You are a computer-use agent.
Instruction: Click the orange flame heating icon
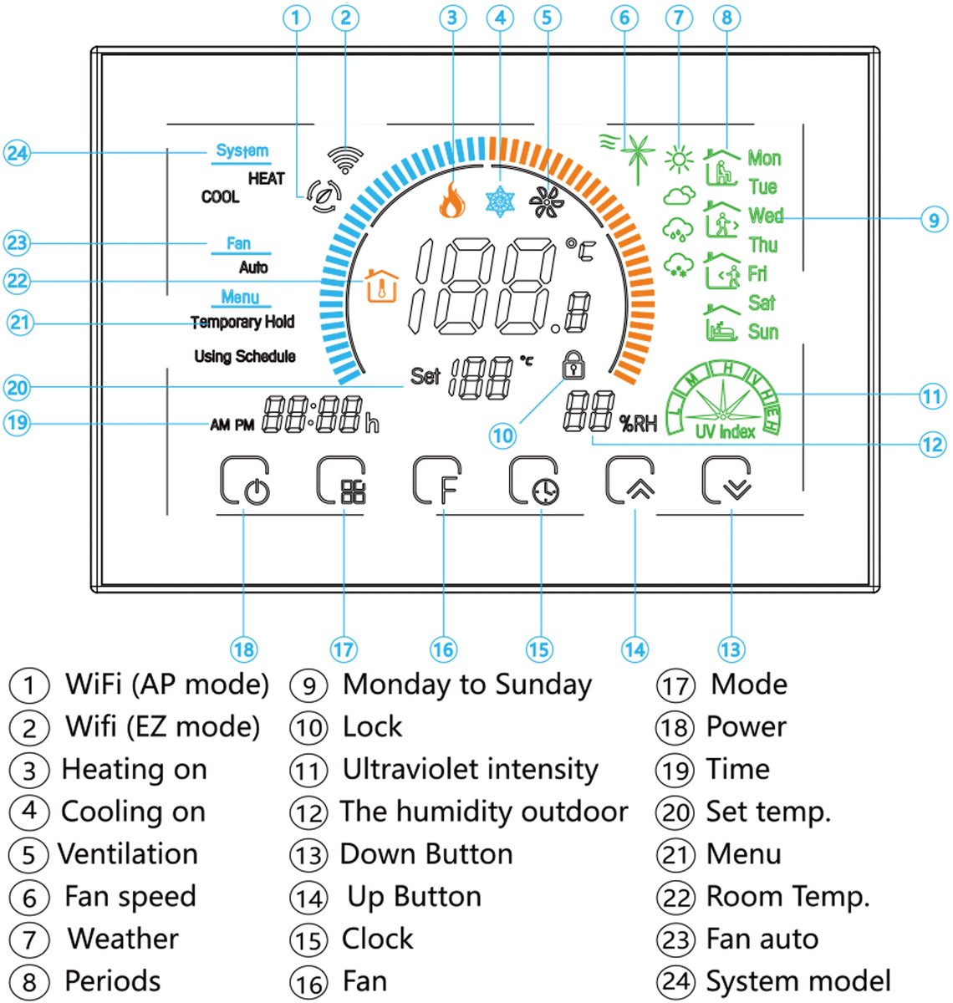click(x=451, y=200)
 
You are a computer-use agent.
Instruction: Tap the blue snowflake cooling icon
click(x=500, y=201)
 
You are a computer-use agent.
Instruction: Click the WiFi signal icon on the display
click(x=345, y=159)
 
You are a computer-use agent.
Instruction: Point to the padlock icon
click(x=573, y=364)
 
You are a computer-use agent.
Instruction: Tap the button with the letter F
click(x=437, y=481)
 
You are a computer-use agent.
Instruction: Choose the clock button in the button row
click(x=534, y=481)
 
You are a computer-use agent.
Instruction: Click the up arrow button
click(x=629, y=481)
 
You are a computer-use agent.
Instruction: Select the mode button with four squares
click(x=341, y=481)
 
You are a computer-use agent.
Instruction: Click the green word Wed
click(x=765, y=216)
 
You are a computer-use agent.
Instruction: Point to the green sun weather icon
click(x=679, y=159)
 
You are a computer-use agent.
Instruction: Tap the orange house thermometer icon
click(x=381, y=285)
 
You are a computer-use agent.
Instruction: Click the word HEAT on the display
click(x=266, y=179)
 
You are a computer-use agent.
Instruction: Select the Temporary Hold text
click(x=242, y=322)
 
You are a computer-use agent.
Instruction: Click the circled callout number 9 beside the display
click(x=934, y=219)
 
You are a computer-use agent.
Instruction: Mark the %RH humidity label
click(x=638, y=424)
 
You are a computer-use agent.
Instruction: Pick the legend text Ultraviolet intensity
click(x=470, y=769)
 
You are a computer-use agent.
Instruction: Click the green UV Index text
click(x=725, y=431)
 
